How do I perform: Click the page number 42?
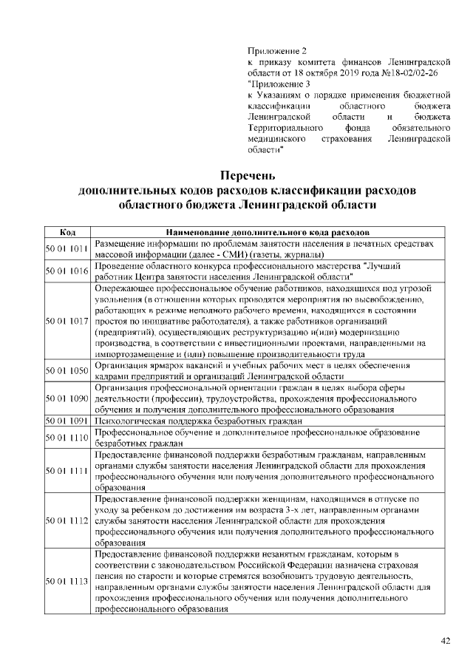(x=445, y=641)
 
